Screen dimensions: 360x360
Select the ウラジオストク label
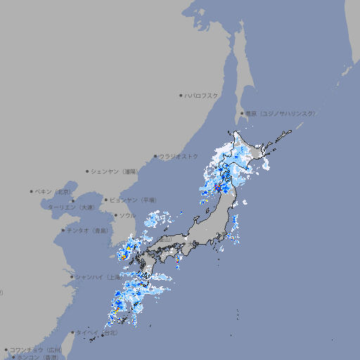(x=179, y=156)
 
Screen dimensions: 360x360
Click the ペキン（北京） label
(x=53, y=191)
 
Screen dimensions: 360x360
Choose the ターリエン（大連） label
(x=71, y=207)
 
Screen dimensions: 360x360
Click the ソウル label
(x=127, y=216)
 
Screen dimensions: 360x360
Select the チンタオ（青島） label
(x=88, y=230)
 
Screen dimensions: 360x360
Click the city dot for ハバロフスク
(x=181, y=96)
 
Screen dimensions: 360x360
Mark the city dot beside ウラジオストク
(x=155, y=157)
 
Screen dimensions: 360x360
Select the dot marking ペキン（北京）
(x=32, y=191)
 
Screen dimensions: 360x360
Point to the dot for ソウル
(x=115, y=216)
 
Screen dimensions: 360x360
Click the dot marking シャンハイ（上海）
(x=72, y=277)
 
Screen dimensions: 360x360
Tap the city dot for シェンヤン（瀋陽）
(x=88, y=171)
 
